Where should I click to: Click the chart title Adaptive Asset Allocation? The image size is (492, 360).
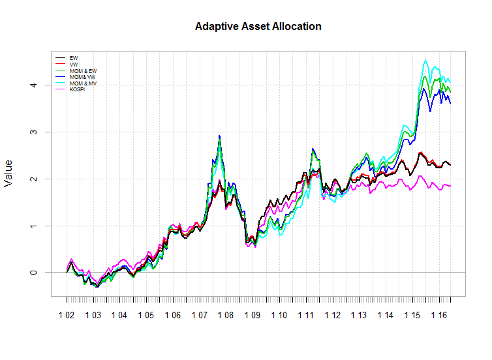pyautogui.click(x=258, y=27)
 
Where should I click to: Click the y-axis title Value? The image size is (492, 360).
pyautogui.click(x=9, y=173)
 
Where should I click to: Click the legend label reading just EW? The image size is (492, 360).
pyautogui.click(x=73, y=58)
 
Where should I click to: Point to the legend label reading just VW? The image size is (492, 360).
pyautogui.click(x=74, y=65)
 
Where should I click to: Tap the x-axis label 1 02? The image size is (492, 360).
pyautogui.click(x=67, y=315)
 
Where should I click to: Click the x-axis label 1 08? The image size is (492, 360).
pyautogui.click(x=226, y=315)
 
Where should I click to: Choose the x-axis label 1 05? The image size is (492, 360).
pyautogui.click(x=146, y=315)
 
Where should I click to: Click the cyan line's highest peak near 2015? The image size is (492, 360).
pyautogui.click(x=425, y=61)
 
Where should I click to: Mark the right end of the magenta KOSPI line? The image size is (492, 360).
pyautogui.click(x=450, y=187)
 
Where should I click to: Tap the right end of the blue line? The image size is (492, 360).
pyautogui.click(x=450, y=103)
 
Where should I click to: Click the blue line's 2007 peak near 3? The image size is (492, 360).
pyautogui.click(x=219, y=136)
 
